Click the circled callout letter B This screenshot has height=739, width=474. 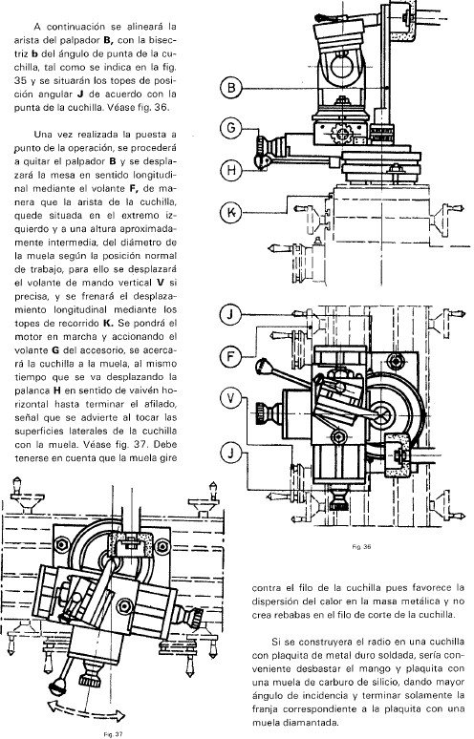[x=231, y=90]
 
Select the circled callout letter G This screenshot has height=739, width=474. [x=231, y=127]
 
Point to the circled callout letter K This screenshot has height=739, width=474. [x=231, y=212]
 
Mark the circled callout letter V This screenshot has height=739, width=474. [x=231, y=395]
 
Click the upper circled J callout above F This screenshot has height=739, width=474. [x=231, y=314]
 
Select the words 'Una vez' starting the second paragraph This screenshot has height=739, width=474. [x=57, y=137]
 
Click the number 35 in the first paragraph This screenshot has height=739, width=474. [x=41, y=80]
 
